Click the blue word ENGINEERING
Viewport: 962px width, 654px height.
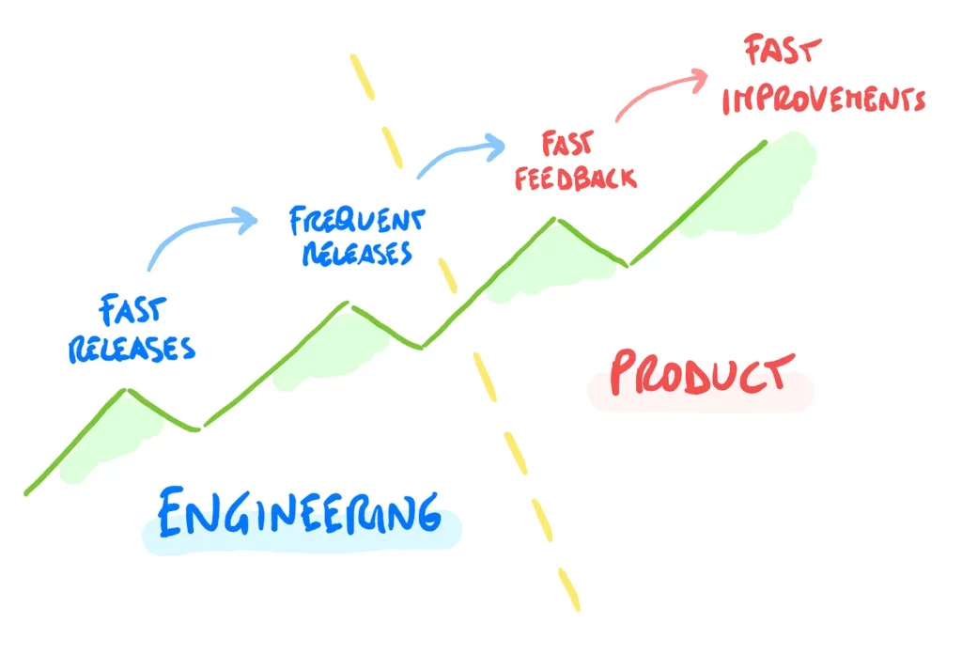[300, 513]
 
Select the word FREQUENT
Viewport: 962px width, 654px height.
[357, 221]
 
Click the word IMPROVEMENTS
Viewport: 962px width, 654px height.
[823, 100]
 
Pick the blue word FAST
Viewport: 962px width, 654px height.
[132, 310]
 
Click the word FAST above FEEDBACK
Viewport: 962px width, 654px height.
[567, 144]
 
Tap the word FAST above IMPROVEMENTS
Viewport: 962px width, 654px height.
[783, 50]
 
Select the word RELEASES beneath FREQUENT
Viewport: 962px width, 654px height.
[357, 253]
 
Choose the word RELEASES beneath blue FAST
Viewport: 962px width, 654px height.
[132, 350]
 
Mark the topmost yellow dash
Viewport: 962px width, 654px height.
[362, 77]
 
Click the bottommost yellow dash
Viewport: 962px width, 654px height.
[568, 589]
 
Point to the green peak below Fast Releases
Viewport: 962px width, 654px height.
[126, 390]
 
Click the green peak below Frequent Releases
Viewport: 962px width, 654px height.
[348, 303]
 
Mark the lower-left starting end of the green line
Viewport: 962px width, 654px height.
[26, 493]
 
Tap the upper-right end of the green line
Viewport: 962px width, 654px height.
[765, 143]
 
